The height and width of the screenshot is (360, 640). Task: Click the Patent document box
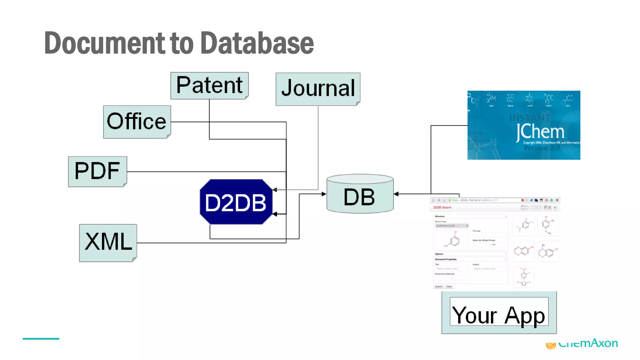tap(209, 85)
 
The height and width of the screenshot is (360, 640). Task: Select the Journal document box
tap(318, 89)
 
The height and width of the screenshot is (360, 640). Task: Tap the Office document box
tap(137, 122)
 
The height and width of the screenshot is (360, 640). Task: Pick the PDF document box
tap(97, 171)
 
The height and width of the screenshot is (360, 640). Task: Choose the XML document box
tap(108, 242)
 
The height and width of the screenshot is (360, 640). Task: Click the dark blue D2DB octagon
tap(236, 202)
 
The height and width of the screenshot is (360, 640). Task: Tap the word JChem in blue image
tap(540, 132)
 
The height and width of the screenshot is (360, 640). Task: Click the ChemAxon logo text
tap(587, 344)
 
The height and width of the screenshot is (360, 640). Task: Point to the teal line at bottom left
tap(41, 338)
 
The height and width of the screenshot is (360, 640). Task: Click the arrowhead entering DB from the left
tap(324, 194)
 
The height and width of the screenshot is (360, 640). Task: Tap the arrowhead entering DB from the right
tap(396, 194)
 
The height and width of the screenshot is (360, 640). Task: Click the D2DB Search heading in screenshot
tap(442, 207)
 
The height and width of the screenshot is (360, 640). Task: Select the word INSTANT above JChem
tap(530, 118)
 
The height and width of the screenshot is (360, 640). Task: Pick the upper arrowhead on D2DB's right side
tap(275, 190)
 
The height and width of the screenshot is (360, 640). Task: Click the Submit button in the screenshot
tap(438, 287)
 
